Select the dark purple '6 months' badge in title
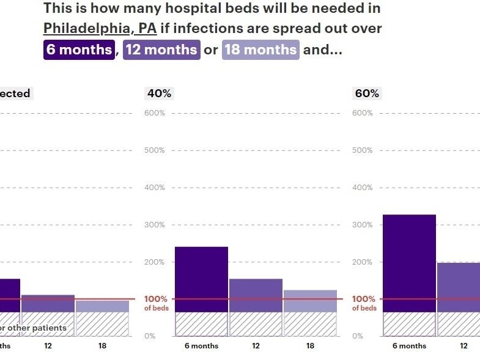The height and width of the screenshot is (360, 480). point(79,50)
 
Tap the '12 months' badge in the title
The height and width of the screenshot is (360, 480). point(161,50)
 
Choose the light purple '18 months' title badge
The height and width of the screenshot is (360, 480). point(260,50)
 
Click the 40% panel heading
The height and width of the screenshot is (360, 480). point(159,94)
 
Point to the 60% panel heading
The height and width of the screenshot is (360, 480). point(367,94)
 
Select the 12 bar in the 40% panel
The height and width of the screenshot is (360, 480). point(256,296)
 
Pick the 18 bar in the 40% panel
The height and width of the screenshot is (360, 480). point(310,301)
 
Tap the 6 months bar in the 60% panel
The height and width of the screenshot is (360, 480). point(409,263)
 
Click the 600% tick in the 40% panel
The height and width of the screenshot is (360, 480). point(155,113)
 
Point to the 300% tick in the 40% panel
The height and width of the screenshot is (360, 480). point(155,225)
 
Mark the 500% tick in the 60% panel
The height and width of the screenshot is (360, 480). point(363,150)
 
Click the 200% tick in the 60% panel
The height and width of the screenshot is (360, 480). point(363,262)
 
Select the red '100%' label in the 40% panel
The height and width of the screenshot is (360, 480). point(156,299)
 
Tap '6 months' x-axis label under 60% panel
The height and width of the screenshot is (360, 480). point(409,346)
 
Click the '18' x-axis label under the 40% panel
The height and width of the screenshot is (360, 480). point(310,346)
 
